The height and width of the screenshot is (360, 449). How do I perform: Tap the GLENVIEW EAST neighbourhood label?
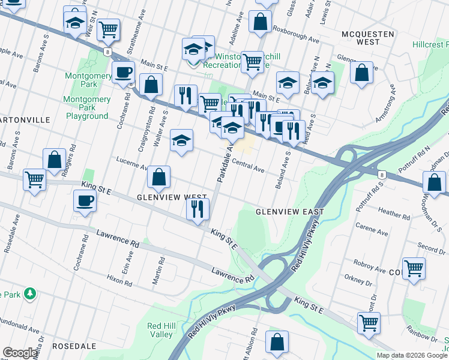[289, 212]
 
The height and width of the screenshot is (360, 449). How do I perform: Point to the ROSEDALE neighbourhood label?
[74, 346]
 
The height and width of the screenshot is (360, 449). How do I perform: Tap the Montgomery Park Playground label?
[87, 107]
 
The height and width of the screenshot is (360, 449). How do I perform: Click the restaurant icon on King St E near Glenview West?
[197, 209]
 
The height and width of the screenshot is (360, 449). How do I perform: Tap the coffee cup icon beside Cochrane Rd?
[85, 201]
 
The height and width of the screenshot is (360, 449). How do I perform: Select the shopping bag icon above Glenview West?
[158, 178]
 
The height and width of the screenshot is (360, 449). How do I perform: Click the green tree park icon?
[28, 294]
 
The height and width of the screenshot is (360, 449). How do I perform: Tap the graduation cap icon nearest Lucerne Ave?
[181, 141]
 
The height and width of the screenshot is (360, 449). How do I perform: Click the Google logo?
[20, 353]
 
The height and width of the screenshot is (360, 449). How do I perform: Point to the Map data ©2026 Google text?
[411, 355]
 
